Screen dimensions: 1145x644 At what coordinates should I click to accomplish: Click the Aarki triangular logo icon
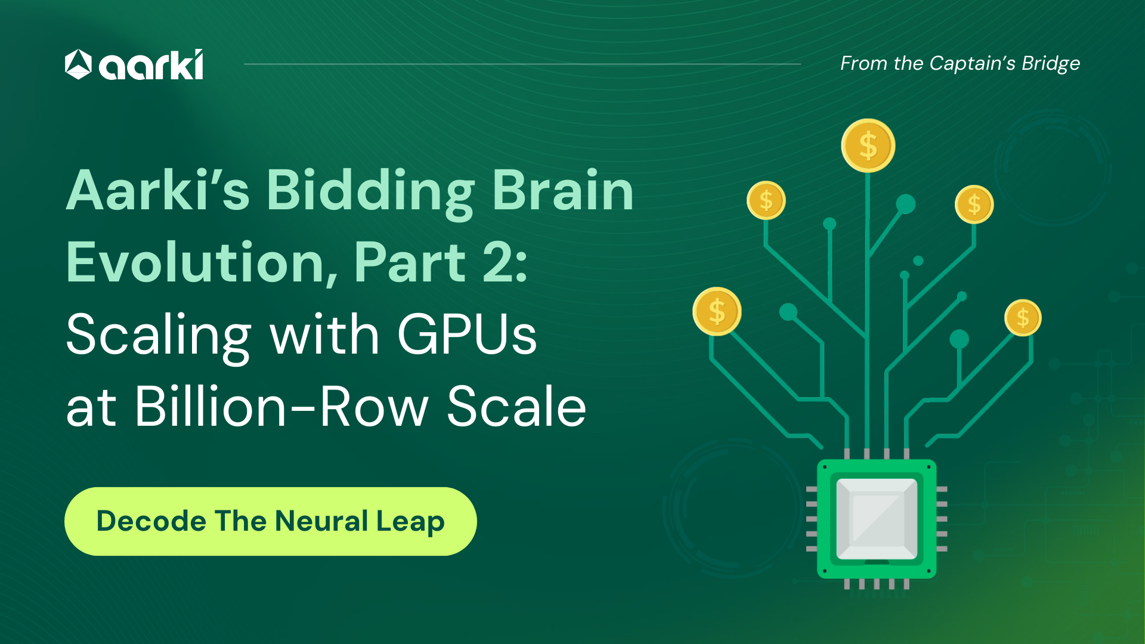tap(78, 64)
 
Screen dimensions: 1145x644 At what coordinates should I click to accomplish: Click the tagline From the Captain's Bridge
tap(960, 63)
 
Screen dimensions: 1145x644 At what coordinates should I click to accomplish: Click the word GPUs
tap(467, 334)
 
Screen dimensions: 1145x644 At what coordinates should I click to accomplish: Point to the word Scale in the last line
tap(517, 406)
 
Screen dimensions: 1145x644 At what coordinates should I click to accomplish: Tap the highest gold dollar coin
tap(868, 145)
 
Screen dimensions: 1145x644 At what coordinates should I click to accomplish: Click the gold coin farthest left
tap(717, 311)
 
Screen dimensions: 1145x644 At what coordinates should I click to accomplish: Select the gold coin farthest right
tap(1023, 317)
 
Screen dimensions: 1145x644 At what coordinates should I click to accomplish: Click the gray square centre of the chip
tap(877, 518)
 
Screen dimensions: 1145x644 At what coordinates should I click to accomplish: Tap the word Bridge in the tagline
tap(1051, 64)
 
